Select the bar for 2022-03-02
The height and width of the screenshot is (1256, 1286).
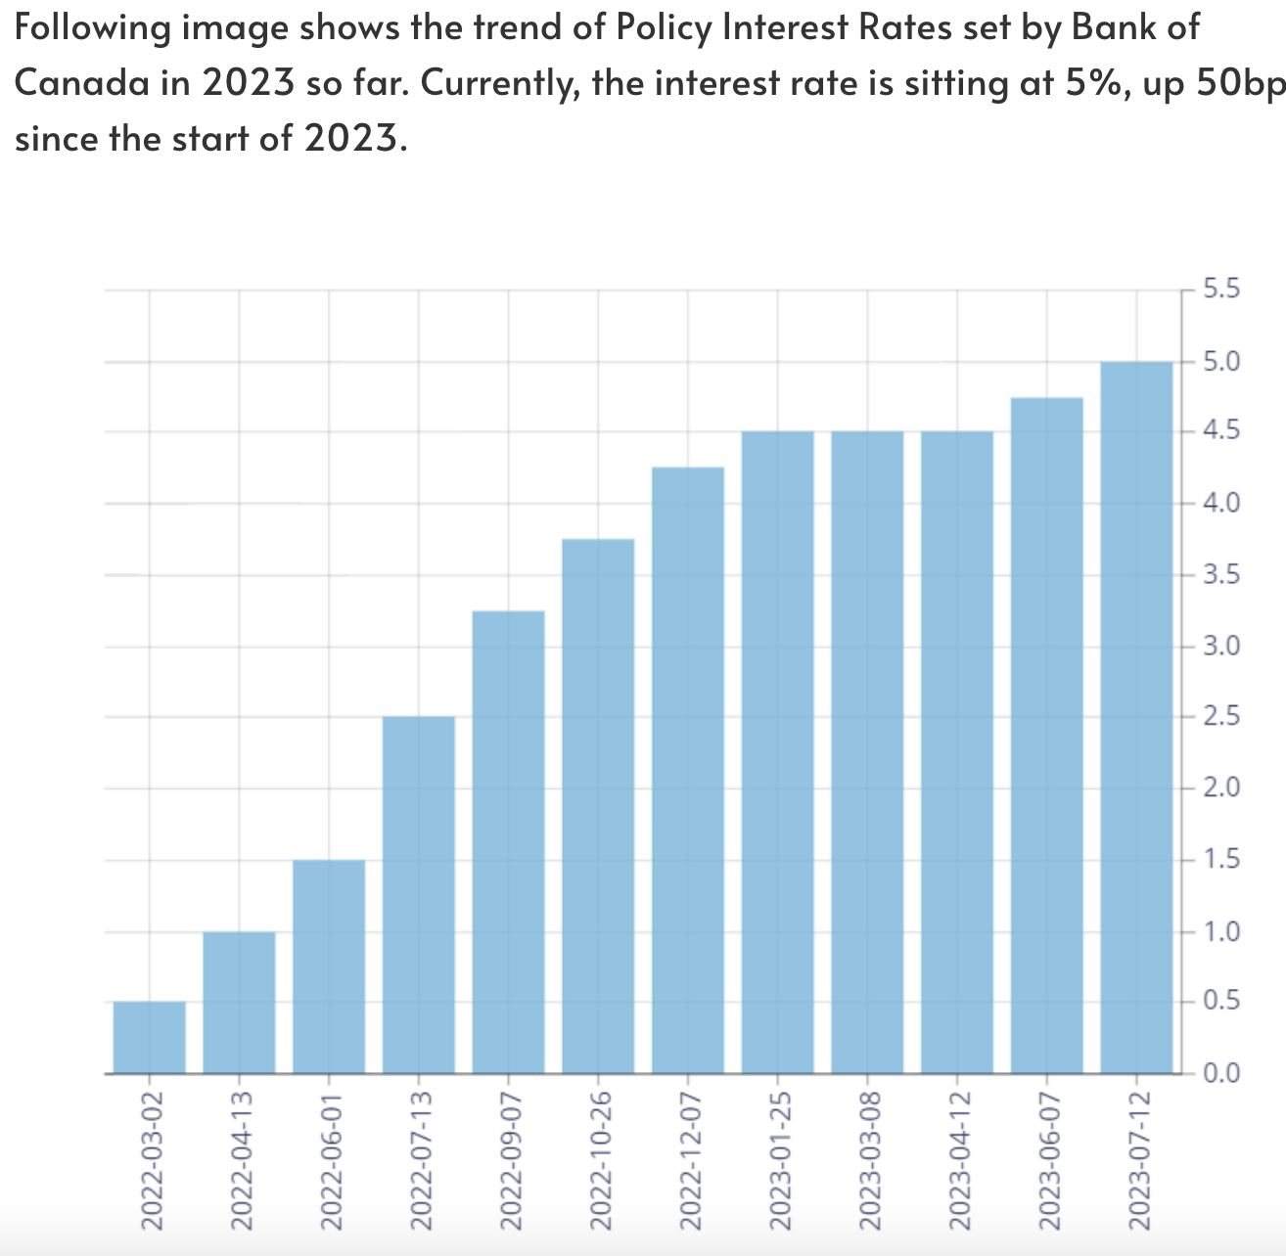(x=150, y=1037)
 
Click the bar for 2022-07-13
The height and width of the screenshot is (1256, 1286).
(x=419, y=894)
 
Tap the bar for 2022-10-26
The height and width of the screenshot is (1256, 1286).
(x=598, y=806)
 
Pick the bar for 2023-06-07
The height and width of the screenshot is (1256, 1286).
(x=1047, y=735)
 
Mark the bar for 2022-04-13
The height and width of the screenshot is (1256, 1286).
(x=239, y=1003)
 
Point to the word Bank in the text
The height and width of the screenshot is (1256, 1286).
(x=1112, y=27)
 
